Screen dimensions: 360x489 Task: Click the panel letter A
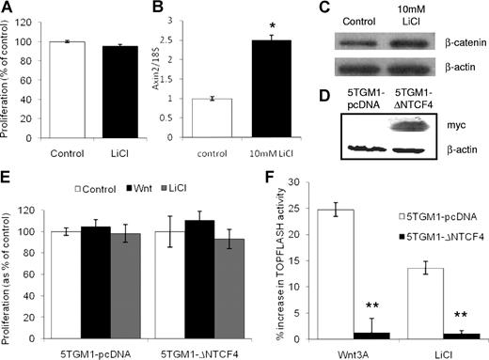coord(8,8)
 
